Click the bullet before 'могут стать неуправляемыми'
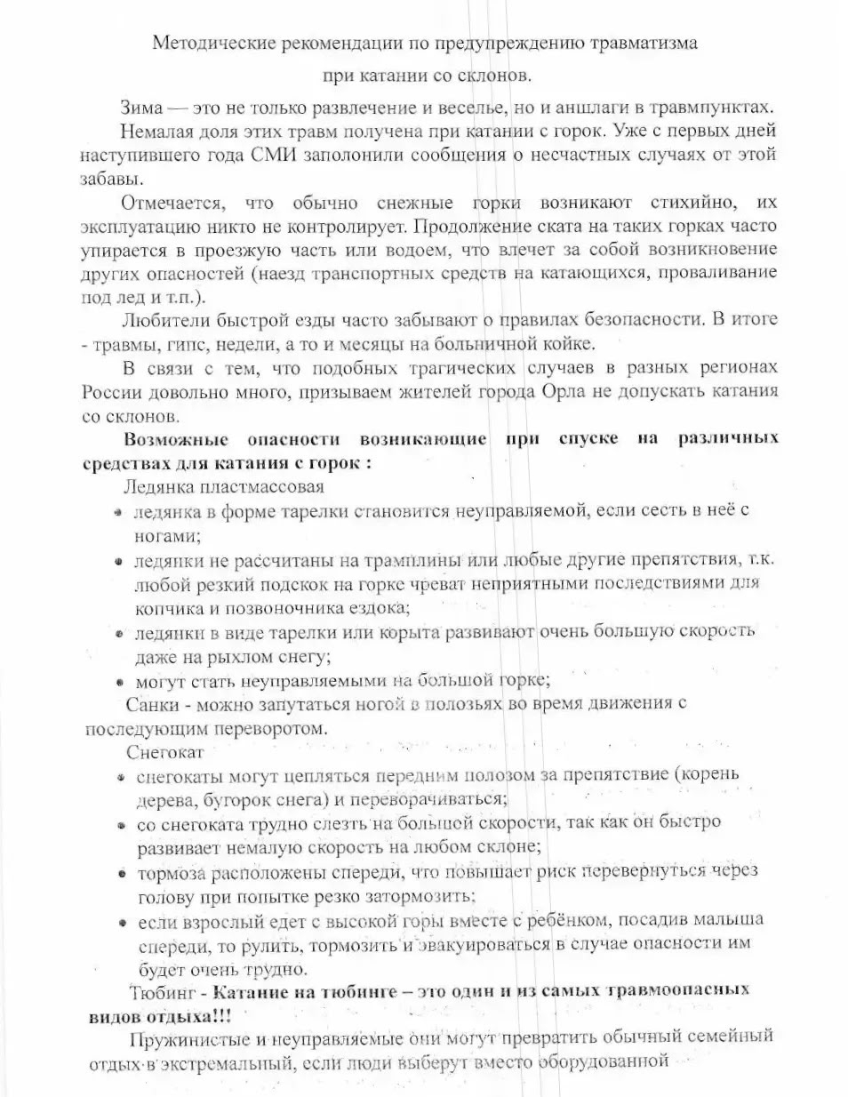click(118, 683)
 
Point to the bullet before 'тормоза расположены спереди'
click(119, 874)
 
